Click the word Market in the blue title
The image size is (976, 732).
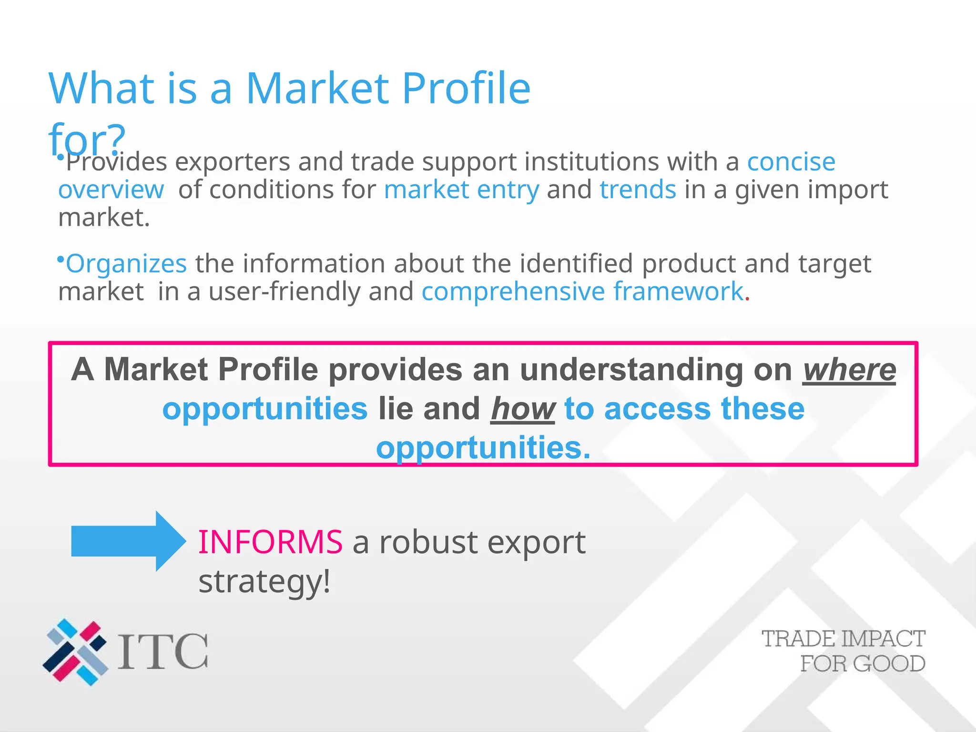point(318,89)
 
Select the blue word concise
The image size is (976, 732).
point(791,162)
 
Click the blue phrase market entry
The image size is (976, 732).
point(461,190)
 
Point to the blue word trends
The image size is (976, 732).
point(638,190)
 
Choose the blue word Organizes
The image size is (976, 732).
point(126,264)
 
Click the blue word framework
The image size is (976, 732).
point(678,292)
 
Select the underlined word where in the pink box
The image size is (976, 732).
point(849,370)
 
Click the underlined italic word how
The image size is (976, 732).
point(523,409)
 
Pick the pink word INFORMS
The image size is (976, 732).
point(270,542)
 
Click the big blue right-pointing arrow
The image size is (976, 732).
point(128,541)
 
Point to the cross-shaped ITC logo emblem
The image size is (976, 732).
point(75,651)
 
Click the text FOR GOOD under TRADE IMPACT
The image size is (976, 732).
point(862,664)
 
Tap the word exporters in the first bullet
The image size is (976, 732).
point(232,162)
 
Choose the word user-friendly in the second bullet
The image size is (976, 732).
point(285,292)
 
